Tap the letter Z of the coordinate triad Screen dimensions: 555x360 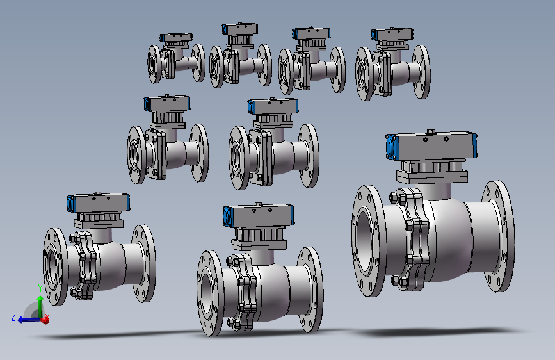click(x=13, y=316)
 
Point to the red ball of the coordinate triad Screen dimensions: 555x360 click(x=45, y=320)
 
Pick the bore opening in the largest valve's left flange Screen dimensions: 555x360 click(x=366, y=241)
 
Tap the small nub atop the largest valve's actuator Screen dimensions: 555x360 click(x=431, y=131)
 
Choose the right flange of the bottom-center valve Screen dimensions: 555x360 click(x=310, y=290)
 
